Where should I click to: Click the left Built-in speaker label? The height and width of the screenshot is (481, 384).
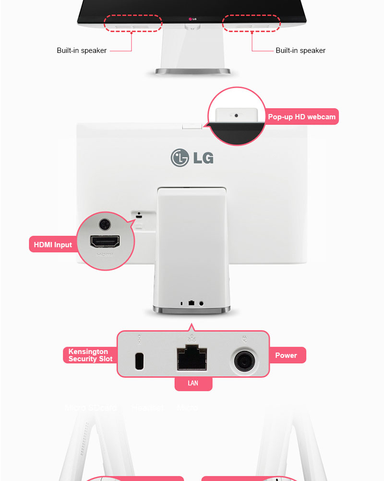pos(82,51)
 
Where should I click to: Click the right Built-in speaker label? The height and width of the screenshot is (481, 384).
pos(300,51)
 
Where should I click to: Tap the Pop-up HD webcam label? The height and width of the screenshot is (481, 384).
pos(301,117)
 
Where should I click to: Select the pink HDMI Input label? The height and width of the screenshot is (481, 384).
pos(53,245)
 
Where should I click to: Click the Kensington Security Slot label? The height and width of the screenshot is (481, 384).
pos(90,355)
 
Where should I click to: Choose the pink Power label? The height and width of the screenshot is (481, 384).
pos(286,355)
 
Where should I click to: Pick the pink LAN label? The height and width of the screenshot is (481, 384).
pos(193,383)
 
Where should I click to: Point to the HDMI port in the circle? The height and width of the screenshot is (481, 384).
pos(106,242)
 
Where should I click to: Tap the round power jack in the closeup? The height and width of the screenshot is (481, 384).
pos(245,360)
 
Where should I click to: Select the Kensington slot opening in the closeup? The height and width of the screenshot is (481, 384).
pos(140,361)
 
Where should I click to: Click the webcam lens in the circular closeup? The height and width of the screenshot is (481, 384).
pos(235,115)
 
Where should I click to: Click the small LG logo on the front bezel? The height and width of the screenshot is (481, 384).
pos(192,19)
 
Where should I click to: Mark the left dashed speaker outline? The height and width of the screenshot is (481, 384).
pos(133,23)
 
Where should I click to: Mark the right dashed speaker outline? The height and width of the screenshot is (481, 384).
pos(252,23)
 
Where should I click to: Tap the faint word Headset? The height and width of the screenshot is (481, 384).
pos(147,408)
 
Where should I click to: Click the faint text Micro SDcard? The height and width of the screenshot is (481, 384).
pos(91,408)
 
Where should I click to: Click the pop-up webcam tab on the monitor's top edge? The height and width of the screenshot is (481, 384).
pos(192,125)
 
